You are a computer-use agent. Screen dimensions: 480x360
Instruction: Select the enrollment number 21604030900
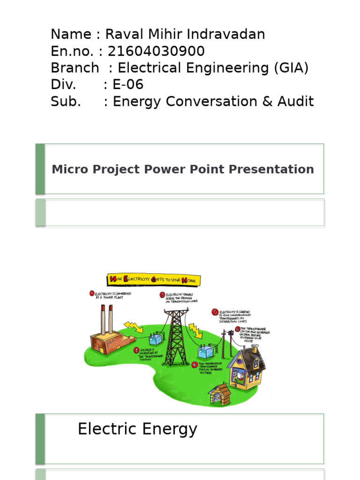156,51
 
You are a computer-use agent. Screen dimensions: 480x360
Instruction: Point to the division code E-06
128,85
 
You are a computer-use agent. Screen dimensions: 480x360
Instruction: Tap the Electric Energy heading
137,429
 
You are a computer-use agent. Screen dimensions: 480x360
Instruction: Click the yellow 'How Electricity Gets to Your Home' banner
154,280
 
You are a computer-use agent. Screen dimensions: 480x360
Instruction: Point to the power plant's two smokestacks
106,319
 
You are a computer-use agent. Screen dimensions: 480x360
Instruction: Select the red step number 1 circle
92,293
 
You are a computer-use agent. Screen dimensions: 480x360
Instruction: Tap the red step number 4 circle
195,364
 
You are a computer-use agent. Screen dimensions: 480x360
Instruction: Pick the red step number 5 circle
215,312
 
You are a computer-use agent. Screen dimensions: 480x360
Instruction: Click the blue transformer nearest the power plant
155,339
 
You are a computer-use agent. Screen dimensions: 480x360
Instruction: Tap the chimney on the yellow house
255,349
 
